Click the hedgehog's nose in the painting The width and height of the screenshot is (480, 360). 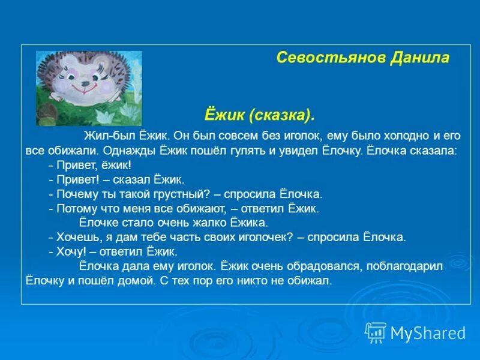pyautogui.click(x=85, y=83)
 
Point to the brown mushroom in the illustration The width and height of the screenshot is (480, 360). pyautogui.click(x=47, y=113)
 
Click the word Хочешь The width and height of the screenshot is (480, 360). pyautogui.click(x=80, y=238)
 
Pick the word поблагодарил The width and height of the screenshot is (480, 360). pyautogui.click(x=404, y=266)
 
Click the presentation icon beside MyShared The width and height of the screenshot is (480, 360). pyautogui.click(x=376, y=333)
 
